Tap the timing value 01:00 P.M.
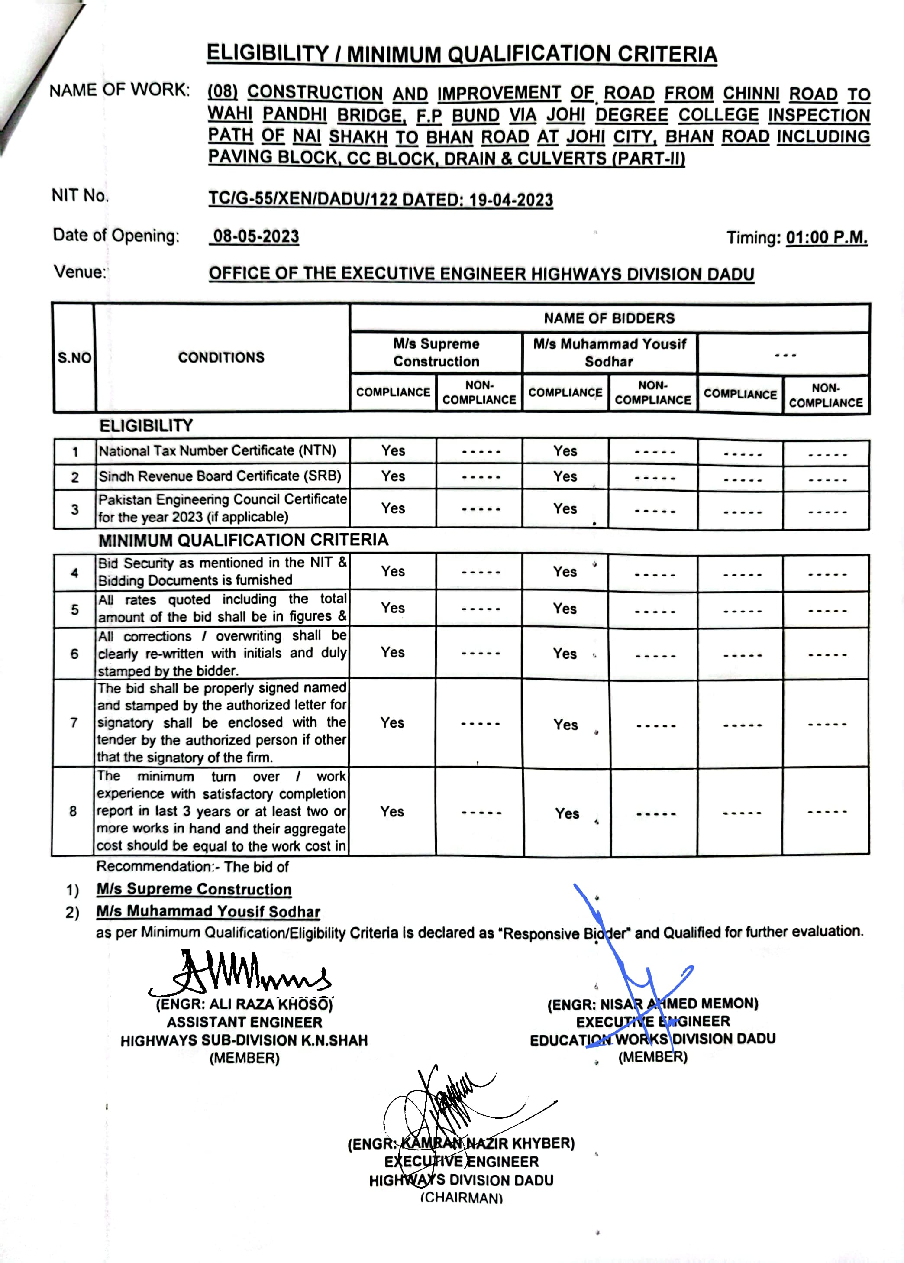pyautogui.click(x=826, y=238)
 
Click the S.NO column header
pyautogui.click(x=74, y=357)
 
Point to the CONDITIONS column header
pyautogui.click(x=221, y=357)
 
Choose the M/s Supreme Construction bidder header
pyautogui.click(x=436, y=353)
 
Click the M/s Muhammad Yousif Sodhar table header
pyautogui.click(x=609, y=353)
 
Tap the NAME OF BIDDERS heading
pyautogui.click(x=609, y=318)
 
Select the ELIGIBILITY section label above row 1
pyautogui.click(x=146, y=426)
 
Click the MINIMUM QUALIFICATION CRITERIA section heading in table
pyautogui.click(x=243, y=540)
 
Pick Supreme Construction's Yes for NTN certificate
pyautogui.click(x=393, y=450)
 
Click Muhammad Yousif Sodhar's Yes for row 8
pyautogui.click(x=567, y=813)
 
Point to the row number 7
pyautogui.click(x=74, y=723)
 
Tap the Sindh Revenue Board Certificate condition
pyautogui.click(x=220, y=476)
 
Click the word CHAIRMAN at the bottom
pyautogui.click(x=461, y=1197)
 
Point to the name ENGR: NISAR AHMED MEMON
pyautogui.click(x=652, y=1004)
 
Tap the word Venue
pyautogui.click(x=80, y=272)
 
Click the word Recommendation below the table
pyautogui.click(x=154, y=867)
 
